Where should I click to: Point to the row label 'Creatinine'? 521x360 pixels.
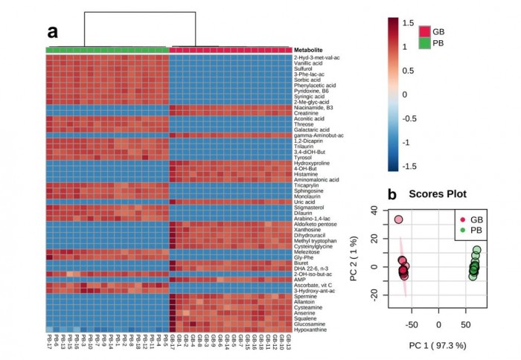point(307,113)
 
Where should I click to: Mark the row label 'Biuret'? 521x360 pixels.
point(304,263)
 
